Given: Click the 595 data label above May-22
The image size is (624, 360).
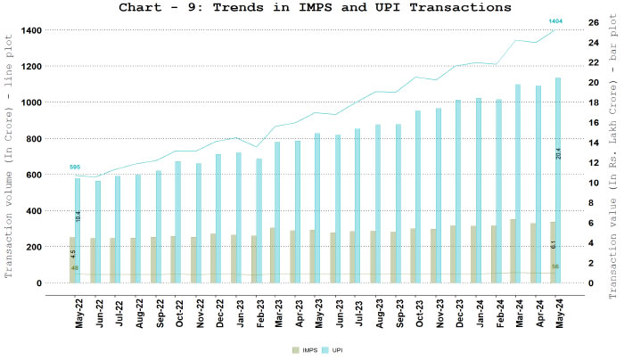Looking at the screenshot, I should [x=76, y=167].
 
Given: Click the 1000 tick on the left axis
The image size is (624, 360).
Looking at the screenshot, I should [x=31, y=102].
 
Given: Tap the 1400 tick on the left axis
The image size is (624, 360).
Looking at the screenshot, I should [x=31, y=30].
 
